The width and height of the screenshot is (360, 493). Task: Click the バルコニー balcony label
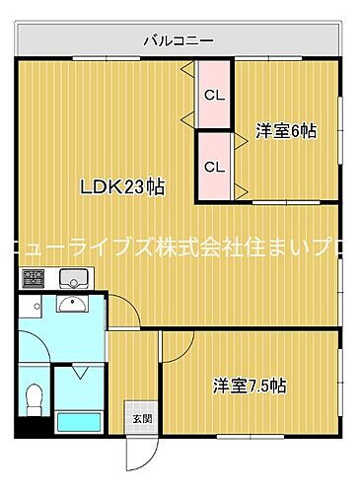[x=179, y=40]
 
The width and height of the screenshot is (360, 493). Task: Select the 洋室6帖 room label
[x=286, y=130]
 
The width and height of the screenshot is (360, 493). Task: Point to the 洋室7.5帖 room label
[x=250, y=387]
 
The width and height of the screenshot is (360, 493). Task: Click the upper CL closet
[x=213, y=95]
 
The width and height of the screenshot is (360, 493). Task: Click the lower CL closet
[x=213, y=166]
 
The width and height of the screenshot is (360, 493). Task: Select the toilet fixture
[x=33, y=398]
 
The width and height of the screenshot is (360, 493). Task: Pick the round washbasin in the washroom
[x=70, y=304]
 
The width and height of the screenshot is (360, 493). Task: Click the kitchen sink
[x=71, y=277]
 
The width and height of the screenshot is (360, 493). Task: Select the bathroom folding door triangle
[x=82, y=373]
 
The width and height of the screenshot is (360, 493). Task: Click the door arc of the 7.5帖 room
[x=178, y=347]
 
